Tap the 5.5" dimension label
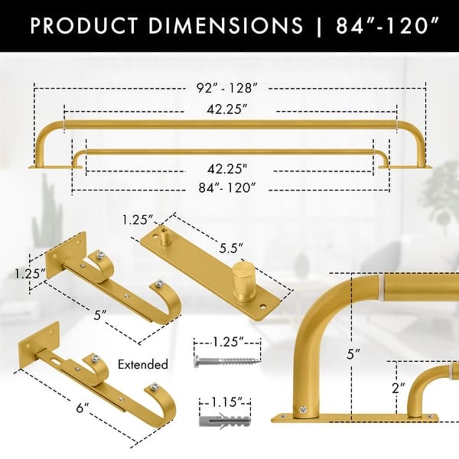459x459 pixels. click(229, 249)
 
